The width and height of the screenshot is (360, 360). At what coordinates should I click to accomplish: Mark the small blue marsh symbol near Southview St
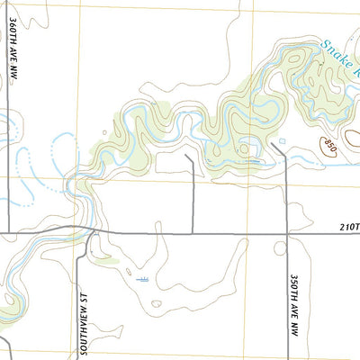(141, 280)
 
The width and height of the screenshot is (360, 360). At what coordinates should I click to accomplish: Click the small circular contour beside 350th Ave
(274, 143)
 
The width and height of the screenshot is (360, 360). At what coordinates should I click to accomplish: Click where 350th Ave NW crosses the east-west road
(286, 234)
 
